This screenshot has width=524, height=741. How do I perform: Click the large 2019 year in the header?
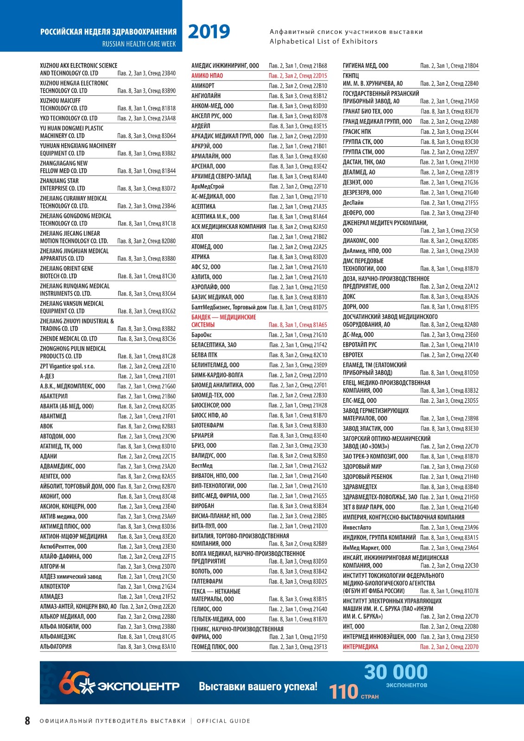209,31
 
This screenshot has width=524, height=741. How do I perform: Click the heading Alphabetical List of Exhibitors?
323,41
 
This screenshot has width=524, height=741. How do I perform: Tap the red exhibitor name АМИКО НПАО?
207,75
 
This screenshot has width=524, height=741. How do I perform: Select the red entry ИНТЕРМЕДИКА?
360,647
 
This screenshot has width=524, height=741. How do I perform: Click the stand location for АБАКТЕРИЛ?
146,396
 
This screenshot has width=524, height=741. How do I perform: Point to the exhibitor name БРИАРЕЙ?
202,435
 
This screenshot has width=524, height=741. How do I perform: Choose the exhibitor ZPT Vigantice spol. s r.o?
67,366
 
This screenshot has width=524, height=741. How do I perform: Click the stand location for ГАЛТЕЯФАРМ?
298,581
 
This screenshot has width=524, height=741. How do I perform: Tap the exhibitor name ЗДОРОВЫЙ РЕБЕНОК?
367,477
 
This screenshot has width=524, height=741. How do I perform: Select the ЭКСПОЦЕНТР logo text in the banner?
138,686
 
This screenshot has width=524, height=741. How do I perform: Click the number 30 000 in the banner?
396,672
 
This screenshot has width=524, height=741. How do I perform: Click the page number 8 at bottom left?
27,721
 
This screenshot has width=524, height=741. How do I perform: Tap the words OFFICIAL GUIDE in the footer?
223,721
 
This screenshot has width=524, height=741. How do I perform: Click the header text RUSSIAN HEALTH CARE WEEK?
139,44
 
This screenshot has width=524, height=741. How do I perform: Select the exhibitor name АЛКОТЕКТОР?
55,586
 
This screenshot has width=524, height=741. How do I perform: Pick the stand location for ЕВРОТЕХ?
449,355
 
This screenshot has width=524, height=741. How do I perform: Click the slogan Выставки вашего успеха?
258,686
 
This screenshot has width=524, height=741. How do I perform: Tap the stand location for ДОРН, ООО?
449,307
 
